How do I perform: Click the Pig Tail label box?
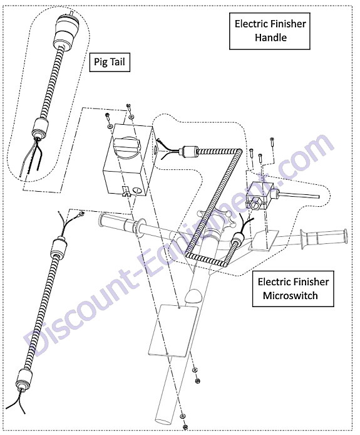(110, 61)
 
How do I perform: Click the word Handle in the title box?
(270, 37)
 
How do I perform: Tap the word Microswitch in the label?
(290, 295)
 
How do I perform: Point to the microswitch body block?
(259, 195)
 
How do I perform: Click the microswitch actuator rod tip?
(317, 197)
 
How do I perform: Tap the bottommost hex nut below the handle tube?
(185, 427)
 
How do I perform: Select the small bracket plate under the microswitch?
(264, 241)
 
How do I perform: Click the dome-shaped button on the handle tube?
(195, 296)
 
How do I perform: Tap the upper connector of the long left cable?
(59, 246)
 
